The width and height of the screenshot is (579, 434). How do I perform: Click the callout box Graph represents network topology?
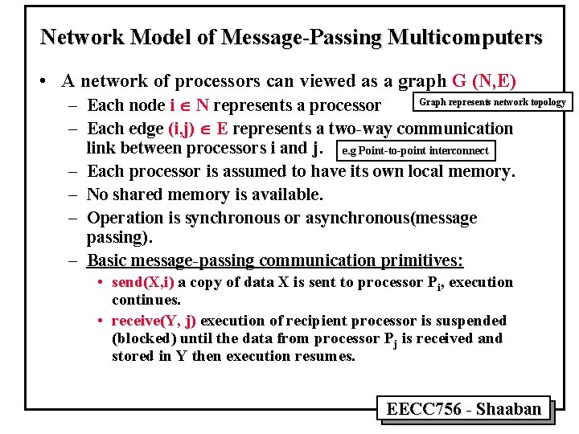point(493,102)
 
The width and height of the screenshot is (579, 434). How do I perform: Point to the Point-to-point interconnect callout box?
point(414,150)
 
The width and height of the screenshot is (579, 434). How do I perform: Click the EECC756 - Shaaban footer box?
point(464,409)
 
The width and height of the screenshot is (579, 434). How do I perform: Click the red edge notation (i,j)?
point(189,129)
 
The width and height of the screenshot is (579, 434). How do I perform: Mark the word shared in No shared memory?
point(136,194)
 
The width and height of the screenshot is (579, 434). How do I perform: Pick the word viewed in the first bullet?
point(333,80)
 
